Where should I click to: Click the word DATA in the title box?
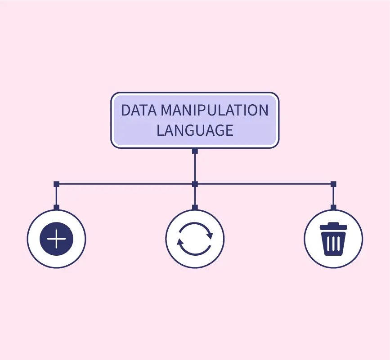coord(139,111)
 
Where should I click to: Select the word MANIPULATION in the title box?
coord(215,111)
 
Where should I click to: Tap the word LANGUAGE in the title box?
coord(195,130)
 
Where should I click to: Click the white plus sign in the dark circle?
coord(56,239)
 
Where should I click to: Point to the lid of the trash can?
coord(333,227)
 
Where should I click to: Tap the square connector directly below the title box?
coord(195,151)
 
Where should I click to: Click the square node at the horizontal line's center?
coord(195,184)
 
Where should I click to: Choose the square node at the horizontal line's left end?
coord(56,184)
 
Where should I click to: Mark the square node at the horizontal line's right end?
coord(333,184)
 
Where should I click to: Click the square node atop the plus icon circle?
coord(56,207)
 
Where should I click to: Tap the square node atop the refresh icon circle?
coord(195,207)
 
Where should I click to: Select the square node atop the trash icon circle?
coord(333,207)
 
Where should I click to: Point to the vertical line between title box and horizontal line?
coord(195,167)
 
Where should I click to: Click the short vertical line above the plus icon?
coord(56,196)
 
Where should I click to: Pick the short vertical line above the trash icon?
coord(333,196)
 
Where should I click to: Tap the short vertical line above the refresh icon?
coord(195,196)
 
